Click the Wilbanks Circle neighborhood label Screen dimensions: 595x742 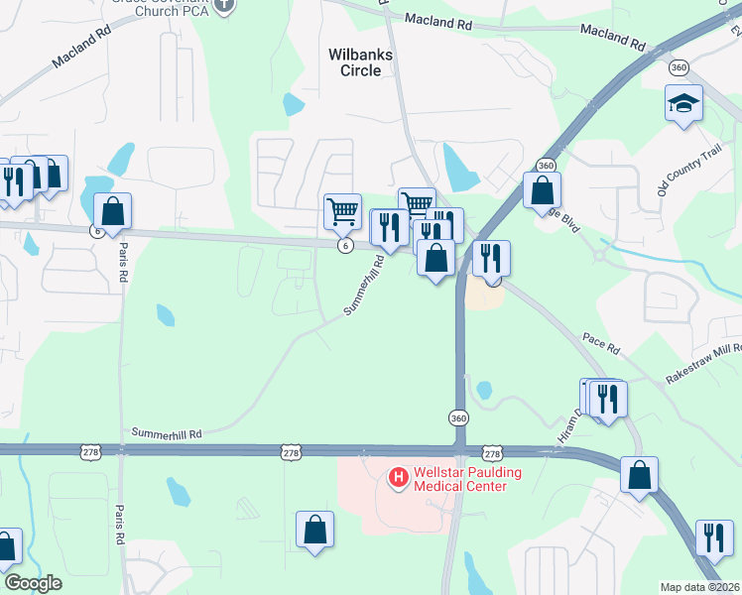361,62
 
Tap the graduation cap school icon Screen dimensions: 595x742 683,103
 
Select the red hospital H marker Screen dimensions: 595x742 398,479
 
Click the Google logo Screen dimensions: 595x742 33,583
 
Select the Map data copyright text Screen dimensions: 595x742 700,587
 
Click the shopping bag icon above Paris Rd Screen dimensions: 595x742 113,210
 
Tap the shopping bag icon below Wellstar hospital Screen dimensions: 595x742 314,530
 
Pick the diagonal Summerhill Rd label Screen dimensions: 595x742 363,286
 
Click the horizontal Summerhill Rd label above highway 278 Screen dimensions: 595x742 167,434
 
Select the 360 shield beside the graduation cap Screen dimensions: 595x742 679,67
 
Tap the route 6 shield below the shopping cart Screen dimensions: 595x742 344,246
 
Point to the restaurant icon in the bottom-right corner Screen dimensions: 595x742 714,537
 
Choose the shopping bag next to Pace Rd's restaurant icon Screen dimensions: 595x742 435,258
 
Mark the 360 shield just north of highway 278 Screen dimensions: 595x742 457,418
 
